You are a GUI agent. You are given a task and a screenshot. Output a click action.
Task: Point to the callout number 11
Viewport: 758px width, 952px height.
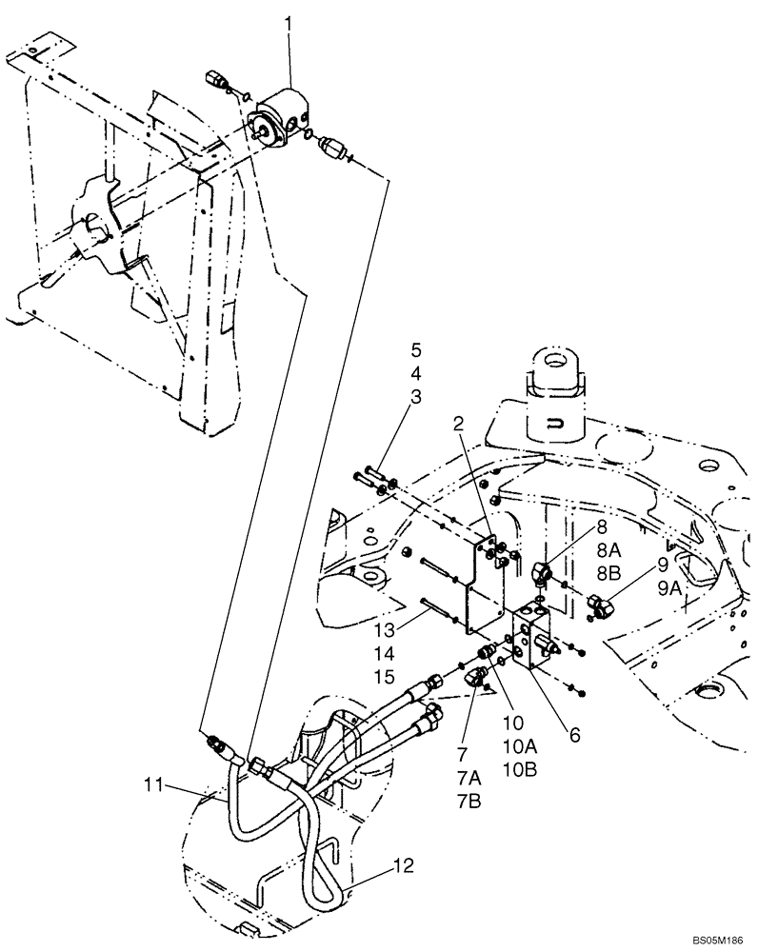pos(153,785)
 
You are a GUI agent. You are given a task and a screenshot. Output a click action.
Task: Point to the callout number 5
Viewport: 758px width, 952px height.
pos(416,347)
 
